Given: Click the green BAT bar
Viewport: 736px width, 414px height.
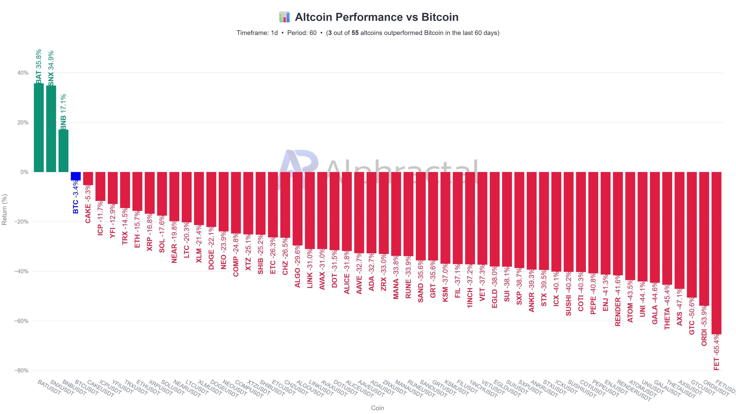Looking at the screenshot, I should pyautogui.click(x=39, y=128).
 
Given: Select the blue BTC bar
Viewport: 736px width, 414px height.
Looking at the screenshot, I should pyautogui.click(x=76, y=176).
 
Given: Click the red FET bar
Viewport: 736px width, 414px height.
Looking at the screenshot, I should pyautogui.click(x=716, y=253).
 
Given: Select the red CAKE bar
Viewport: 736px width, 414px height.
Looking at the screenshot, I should pyautogui.click(x=88, y=178).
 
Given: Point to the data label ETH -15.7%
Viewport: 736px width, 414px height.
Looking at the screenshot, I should pyautogui.click(x=137, y=229).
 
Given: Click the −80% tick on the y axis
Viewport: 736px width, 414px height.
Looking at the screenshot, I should pyautogui.click(x=21, y=371).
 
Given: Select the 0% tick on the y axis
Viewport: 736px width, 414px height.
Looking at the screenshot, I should pyautogui.click(x=24, y=172).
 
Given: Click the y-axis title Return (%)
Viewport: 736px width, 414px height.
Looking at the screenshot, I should pyautogui.click(x=4, y=209).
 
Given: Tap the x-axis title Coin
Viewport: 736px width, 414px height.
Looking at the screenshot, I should pyautogui.click(x=377, y=408).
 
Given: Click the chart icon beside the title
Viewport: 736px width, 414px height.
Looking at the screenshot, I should pyautogui.click(x=285, y=17).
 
